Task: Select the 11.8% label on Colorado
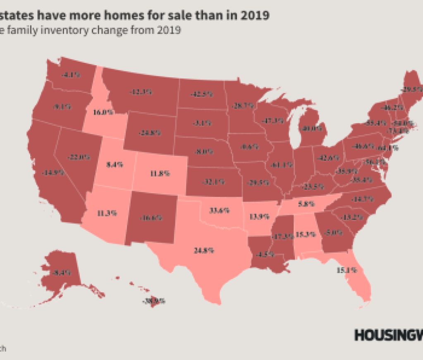coord(159,174)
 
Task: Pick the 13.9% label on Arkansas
coord(259,216)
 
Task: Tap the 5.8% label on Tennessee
coord(303,204)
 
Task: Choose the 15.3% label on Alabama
coord(306,234)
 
